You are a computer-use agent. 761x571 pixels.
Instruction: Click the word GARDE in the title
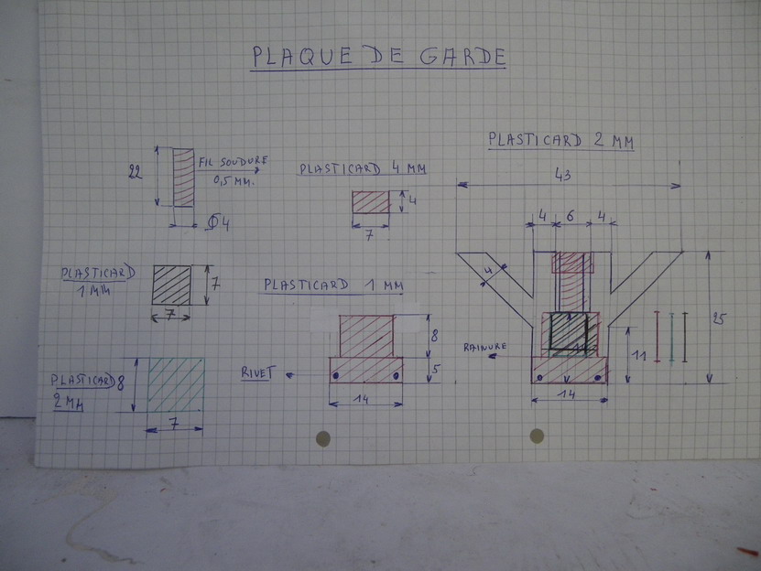463,57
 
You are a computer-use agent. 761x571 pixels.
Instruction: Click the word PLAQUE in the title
302,56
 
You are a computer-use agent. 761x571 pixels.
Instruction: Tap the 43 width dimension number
562,175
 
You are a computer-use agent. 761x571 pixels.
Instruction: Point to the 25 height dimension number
719,318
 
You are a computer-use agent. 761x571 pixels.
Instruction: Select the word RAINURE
484,347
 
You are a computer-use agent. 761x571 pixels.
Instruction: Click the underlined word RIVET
258,372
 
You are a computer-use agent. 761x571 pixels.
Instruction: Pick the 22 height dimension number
135,172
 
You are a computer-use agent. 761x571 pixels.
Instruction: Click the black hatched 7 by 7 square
172,285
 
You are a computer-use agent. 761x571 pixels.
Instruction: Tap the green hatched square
176,384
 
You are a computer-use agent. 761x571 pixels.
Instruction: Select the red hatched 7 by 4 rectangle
371,202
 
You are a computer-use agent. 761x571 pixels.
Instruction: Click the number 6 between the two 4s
571,216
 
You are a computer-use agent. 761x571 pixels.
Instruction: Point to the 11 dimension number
638,356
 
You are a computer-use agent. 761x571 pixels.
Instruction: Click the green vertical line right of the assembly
671,337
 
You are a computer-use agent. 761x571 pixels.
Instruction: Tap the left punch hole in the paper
323,438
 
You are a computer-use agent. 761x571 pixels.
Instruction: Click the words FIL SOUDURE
233,162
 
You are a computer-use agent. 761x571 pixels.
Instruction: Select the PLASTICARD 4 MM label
363,168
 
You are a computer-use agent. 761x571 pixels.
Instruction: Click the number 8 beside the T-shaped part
434,335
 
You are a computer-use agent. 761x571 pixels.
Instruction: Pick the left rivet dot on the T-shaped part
335,375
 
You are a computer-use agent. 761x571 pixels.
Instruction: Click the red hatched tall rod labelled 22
183,178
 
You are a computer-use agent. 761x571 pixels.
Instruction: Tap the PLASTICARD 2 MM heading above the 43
561,140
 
